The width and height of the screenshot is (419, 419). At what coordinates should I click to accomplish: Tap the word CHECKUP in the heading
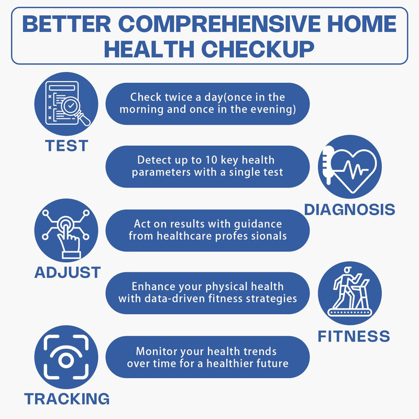tap(258, 50)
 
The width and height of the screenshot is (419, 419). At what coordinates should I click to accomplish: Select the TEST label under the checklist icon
tap(67, 146)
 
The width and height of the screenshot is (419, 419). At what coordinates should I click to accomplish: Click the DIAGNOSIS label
tap(349, 210)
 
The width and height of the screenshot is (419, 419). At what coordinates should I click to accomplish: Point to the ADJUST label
tap(67, 272)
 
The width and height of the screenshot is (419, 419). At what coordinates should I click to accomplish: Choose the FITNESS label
tap(354, 336)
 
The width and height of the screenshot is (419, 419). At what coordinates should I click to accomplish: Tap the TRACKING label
tap(67, 399)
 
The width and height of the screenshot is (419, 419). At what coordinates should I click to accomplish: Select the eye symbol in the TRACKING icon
tap(66, 360)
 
